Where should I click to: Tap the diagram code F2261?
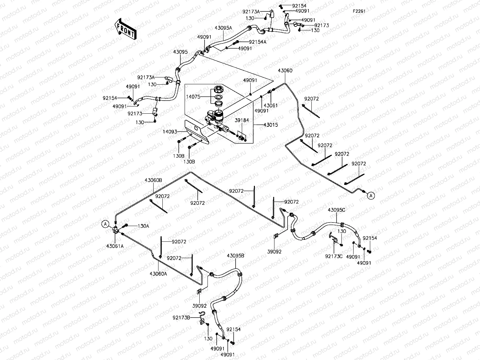point(359,11)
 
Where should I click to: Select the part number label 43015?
point(271,125)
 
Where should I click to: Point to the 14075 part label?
point(193,97)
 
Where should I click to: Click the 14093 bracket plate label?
point(170,132)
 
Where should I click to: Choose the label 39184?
point(242,120)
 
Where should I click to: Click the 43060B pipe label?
point(153,180)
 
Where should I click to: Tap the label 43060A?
point(158,273)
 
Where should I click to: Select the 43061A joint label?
point(115,246)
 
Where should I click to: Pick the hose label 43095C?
point(336,210)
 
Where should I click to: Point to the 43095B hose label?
point(236,255)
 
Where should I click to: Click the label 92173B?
point(181,318)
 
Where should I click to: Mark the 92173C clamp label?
point(334,256)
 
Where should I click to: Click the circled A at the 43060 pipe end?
point(371,196)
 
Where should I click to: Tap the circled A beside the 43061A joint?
point(106,224)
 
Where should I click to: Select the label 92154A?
point(257,42)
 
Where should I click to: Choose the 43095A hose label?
point(223,28)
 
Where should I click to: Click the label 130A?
point(143,226)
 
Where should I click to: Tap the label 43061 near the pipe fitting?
point(271,106)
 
